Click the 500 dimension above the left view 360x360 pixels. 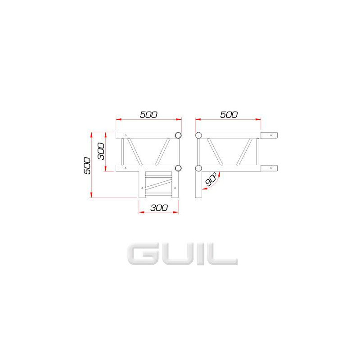(148, 115)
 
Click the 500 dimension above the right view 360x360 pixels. (229, 115)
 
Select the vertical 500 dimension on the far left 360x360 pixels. (87, 166)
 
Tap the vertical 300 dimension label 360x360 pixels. (101, 151)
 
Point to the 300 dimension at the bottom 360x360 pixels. (159, 208)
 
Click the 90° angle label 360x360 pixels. (211, 179)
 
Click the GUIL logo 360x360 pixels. (183, 254)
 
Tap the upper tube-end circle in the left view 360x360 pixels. (178, 135)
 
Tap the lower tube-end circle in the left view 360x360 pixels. (178, 168)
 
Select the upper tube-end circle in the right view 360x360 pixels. (198, 135)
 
